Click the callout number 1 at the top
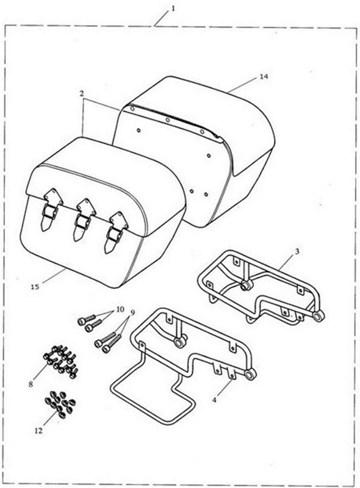(x=173, y=9)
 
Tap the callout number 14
(x=264, y=77)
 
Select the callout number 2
(x=82, y=93)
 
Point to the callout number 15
(x=35, y=287)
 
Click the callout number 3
(x=297, y=251)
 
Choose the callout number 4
(x=214, y=400)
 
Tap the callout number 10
(x=120, y=309)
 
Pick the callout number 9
(x=132, y=313)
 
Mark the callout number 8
(x=31, y=384)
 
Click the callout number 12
(x=38, y=431)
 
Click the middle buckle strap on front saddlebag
(x=82, y=220)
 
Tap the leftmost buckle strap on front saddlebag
(x=50, y=210)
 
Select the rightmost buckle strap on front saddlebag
(x=116, y=232)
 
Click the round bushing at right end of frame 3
(x=319, y=316)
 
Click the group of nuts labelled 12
(x=60, y=404)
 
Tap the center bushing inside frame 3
(x=246, y=285)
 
